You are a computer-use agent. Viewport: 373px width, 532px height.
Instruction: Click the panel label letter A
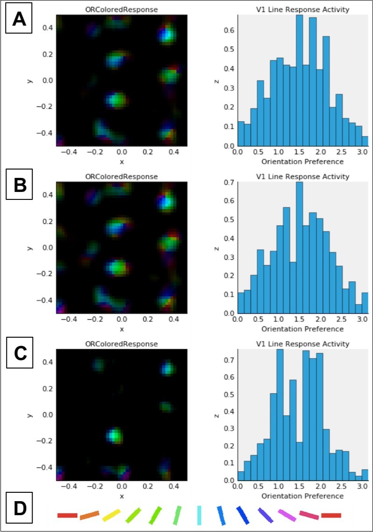click(x=19, y=20)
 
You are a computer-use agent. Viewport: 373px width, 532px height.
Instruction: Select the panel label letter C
click(x=19, y=354)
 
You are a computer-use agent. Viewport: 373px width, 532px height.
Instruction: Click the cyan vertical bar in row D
click(x=199, y=515)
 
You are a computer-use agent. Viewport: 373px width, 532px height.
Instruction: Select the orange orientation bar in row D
click(x=90, y=515)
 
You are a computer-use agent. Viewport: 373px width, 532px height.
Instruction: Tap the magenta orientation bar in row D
click(x=287, y=515)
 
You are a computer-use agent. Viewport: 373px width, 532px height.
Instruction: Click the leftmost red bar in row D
click(x=67, y=515)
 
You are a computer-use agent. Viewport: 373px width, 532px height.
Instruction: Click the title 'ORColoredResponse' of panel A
click(x=121, y=9)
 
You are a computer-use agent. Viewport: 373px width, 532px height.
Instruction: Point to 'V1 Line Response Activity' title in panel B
click(x=303, y=177)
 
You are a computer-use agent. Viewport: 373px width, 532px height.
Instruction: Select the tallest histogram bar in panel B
click(x=299, y=248)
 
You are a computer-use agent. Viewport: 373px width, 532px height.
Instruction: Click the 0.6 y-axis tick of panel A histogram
click(x=230, y=31)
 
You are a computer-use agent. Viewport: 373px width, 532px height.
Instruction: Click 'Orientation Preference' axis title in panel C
click(x=303, y=496)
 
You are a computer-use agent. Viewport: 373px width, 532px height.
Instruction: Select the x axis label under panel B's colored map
click(x=121, y=329)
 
